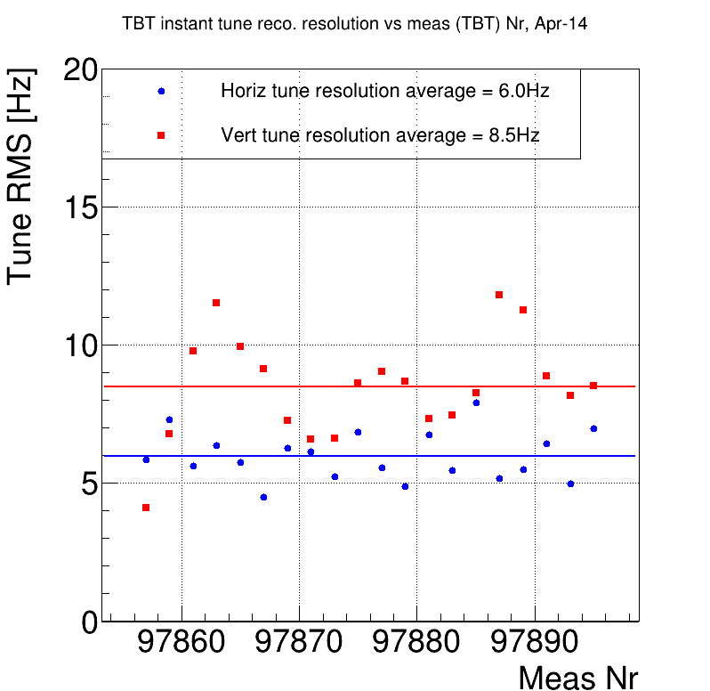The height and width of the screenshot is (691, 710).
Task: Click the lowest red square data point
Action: pos(146,508)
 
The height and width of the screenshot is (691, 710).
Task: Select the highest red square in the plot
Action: pos(499,295)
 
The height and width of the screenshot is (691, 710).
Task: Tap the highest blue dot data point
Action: pos(476,402)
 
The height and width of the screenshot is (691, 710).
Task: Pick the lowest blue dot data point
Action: pos(263,497)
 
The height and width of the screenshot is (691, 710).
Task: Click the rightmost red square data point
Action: pos(593,386)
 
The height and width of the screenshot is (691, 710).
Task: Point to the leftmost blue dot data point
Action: pos(146,459)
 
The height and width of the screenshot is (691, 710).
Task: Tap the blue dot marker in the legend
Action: pos(161,91)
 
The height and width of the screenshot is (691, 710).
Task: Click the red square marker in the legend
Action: pos(161,135)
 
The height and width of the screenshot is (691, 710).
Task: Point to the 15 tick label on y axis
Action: pos(79,207)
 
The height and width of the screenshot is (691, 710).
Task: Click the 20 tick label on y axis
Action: pos(79,70)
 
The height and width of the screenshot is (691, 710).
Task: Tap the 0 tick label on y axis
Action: pos(90,622)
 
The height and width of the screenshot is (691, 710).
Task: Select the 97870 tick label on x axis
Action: pos(299,643)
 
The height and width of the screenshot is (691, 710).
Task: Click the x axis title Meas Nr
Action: pos(578,678)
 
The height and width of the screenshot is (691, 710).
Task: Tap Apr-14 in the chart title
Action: pos(561,25)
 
